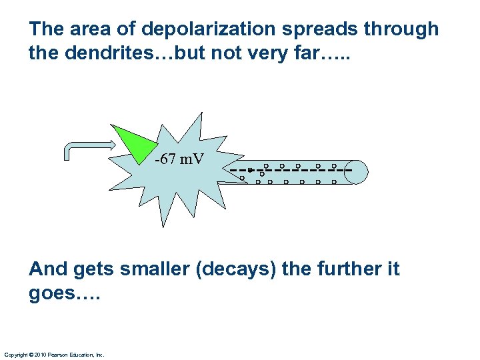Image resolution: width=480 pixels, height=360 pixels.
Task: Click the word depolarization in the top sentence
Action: pos(199,30)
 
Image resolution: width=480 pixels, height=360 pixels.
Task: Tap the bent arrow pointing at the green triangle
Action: pos(87,146)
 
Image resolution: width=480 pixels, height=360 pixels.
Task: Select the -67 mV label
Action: pos(179,160)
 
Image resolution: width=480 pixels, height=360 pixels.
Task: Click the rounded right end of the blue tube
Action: pos(358,171)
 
